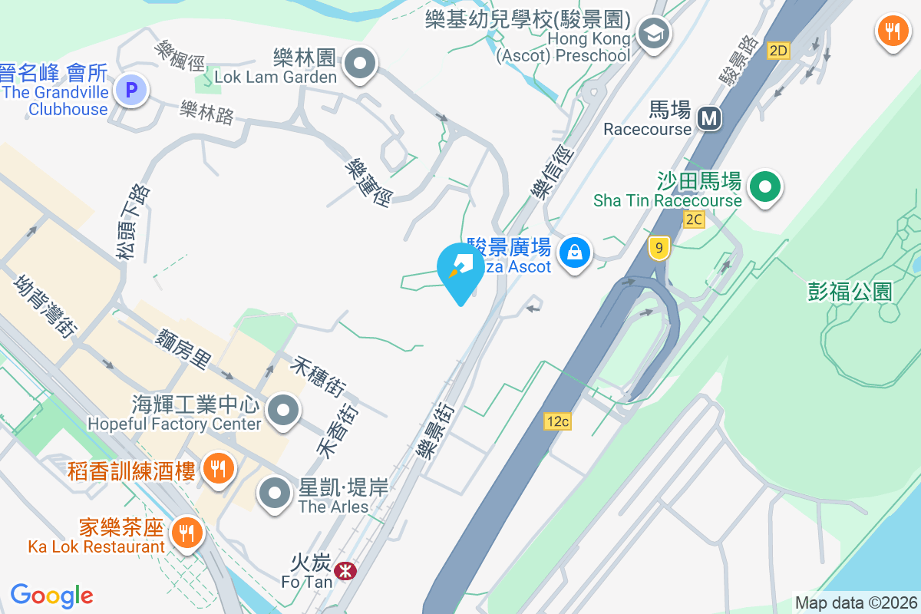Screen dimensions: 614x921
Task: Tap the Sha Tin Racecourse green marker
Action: click(764, 187)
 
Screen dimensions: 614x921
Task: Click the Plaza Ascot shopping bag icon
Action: click(573, 252)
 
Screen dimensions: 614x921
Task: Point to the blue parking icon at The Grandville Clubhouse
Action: click(131, 89)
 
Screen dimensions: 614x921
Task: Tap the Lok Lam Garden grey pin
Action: click(359, 63)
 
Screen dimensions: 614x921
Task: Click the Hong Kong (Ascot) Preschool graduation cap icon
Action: click(654, 33)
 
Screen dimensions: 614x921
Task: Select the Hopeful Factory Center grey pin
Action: click(285, 411)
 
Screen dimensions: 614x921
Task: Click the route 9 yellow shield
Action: click(659, 248)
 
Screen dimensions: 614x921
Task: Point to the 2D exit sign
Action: click(778, 51)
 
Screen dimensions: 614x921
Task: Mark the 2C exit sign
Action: click(694, 220)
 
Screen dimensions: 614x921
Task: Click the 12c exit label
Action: click(558, 421)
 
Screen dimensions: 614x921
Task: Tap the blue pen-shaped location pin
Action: click(460, 271)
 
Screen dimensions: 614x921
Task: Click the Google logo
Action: click(51, 595)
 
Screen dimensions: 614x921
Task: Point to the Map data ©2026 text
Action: click(856, 602)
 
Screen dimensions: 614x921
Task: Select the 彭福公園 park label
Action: click(850, 292)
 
